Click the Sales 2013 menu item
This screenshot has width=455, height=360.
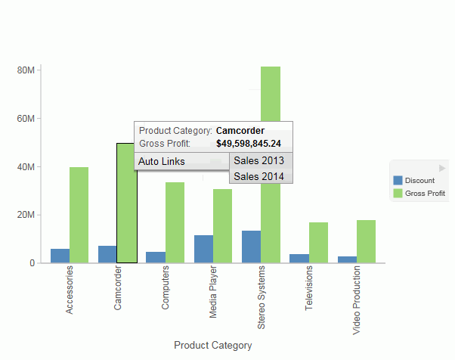coord(258,160)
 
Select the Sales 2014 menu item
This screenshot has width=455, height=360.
coord(258,176)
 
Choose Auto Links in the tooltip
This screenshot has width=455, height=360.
coord(162,162)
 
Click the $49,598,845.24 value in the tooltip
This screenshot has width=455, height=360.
coord(248,144)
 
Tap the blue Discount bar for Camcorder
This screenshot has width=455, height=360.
coord(107,254)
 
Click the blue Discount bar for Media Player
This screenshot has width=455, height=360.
coord(203,249)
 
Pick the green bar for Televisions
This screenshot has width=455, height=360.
coord(318,242)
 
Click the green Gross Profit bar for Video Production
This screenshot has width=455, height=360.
coord(366,241)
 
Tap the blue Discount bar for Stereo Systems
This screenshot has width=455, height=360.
coord(251,247)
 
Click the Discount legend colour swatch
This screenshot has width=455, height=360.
coord(398,181)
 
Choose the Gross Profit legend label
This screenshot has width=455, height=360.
coord(425,194)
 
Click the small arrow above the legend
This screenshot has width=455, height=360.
coord(442,168)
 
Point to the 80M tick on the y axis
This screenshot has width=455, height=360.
coord(26,70)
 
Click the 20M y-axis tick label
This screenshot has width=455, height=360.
coord(26,215)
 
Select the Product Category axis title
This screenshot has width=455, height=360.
coord(212,346)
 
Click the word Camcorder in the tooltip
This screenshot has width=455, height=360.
coord(240,130)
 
